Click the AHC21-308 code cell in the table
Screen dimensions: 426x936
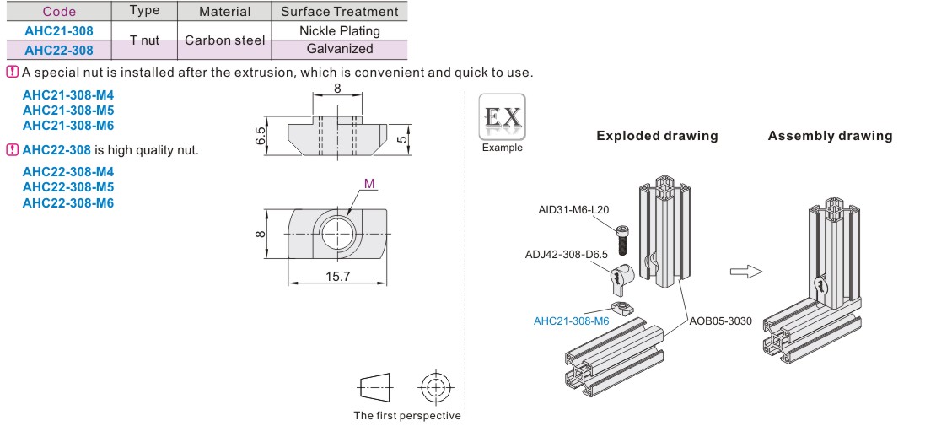tap(57, 31)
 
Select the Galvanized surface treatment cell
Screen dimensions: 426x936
tap(340, 49)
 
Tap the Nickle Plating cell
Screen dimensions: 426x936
tap(340, 31)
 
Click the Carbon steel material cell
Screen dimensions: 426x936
tap(225, 40)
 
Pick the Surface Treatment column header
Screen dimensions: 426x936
tap(340, 12)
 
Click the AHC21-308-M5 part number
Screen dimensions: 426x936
tap(68, 111)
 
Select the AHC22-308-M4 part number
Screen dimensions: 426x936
tap(68, 171)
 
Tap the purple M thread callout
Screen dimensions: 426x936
tap(369, 183)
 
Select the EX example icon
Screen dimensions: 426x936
tap(503, 117)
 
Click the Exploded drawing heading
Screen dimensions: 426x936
tap(657, 136)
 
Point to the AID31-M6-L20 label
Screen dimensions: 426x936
tap(574, 210)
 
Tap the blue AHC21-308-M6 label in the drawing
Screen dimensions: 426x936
tap(572, 321)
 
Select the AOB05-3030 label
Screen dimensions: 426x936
tap(721, 321)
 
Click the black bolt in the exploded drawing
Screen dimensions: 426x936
tap(621, 239)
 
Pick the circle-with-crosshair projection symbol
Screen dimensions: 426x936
tap(435, 387)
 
